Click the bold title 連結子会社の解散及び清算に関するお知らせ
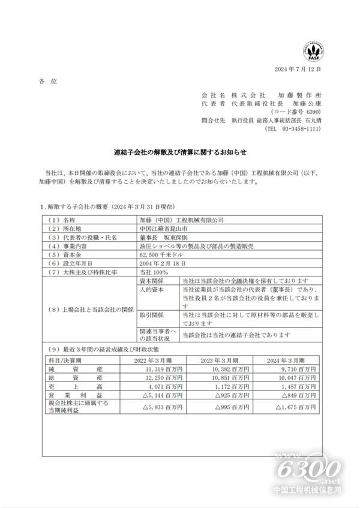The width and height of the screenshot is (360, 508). [180, 152]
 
